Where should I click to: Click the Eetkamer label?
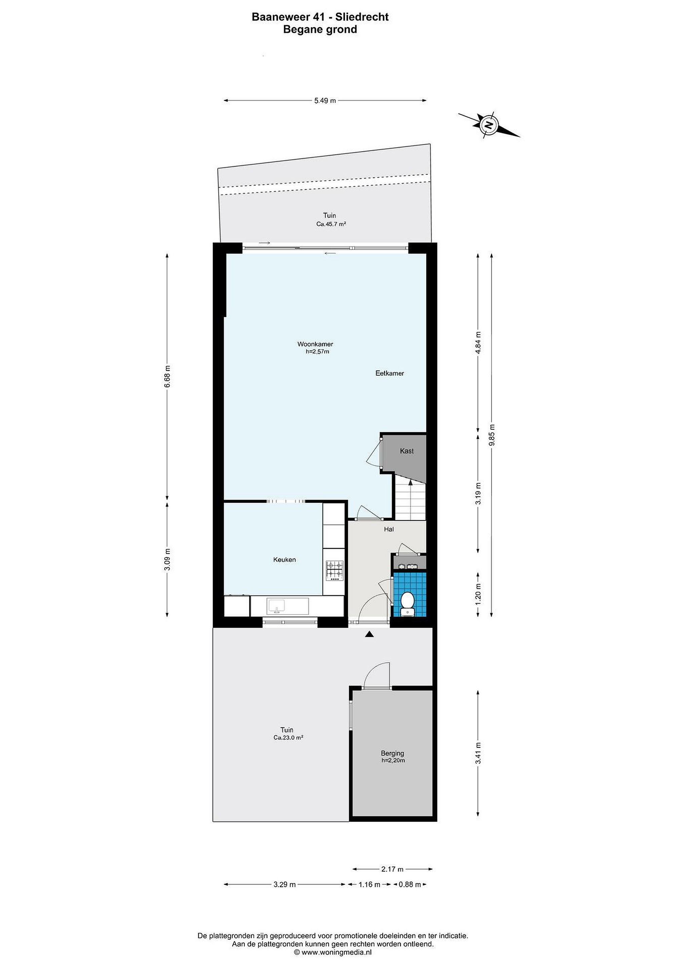[x=390, y=373]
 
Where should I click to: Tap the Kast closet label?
[x=407, y=451]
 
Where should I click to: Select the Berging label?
[x=392, y=753]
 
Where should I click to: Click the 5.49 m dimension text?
[x=325, y=101]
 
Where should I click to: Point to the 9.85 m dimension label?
[x=491, y=435]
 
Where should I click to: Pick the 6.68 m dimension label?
[x=167, y=376]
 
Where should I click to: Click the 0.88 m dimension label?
[x=410, y=884]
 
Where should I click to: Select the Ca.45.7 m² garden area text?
[x=331, y=224]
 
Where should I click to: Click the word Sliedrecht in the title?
[x=362, y=17]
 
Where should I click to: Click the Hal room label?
[x=388, y=529]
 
